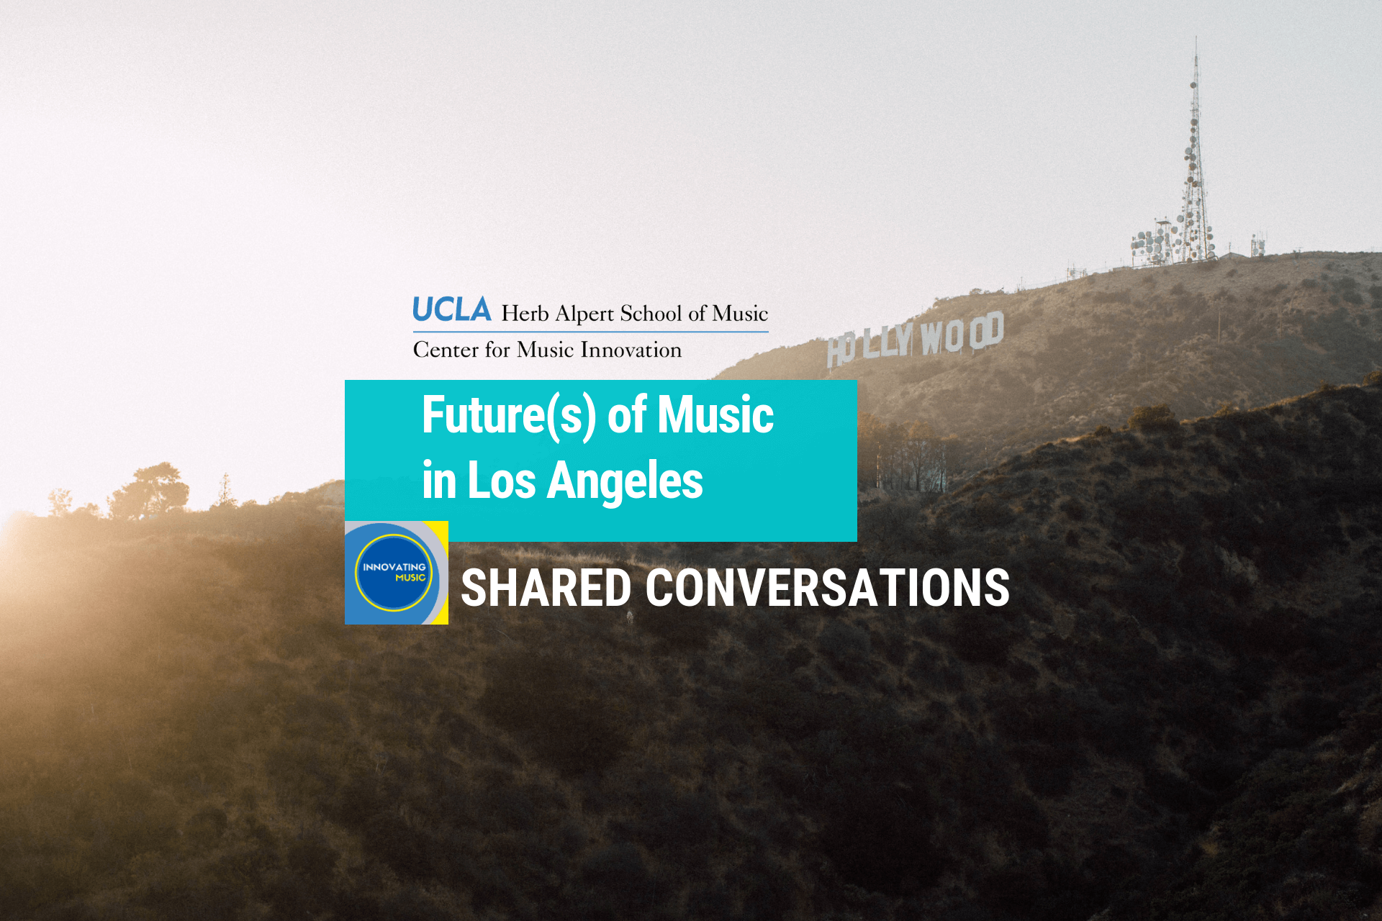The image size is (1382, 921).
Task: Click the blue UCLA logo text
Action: point(451,310)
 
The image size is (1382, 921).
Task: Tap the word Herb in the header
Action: point(525,314)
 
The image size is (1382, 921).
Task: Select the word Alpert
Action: point(584,314)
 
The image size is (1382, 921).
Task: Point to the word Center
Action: point(446,350)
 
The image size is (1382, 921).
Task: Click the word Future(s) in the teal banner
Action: point(509,416)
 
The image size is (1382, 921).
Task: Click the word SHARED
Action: point(546,588)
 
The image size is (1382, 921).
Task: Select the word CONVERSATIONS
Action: point(827,588)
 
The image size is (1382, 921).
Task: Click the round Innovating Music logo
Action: point(394,573)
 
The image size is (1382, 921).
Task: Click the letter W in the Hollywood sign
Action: point(932,337)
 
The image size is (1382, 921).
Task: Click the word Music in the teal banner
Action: point(715,416)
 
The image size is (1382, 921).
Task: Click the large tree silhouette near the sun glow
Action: point(151,489)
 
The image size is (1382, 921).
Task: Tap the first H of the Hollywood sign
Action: point(836,351)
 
